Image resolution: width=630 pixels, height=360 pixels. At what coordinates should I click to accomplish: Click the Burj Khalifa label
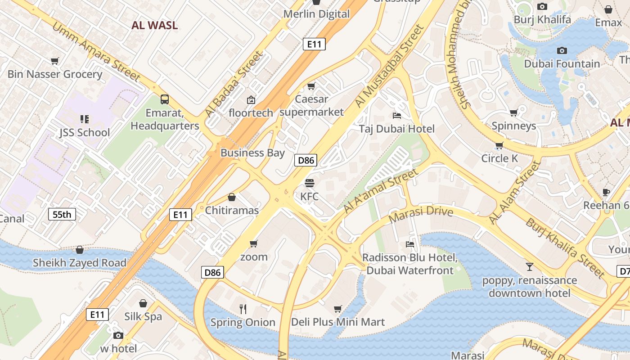[542, 19]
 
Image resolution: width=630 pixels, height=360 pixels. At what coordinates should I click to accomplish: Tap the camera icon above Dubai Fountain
[562, 50]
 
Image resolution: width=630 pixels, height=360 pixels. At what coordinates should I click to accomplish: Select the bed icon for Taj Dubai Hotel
[397, 116]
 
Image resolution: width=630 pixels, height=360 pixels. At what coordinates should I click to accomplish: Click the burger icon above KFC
[309, 183]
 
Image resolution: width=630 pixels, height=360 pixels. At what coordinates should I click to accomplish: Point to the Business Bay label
[252, 153]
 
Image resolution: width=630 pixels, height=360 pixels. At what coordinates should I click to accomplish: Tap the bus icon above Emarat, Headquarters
[165, 99]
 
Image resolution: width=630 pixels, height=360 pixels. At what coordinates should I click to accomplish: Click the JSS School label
[85, 132]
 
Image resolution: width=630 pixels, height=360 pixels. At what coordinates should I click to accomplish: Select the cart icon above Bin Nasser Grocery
[55, 61]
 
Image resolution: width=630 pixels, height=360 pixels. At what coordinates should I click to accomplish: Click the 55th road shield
[62, 214]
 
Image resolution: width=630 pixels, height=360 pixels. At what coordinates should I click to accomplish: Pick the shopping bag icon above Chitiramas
[232, 197]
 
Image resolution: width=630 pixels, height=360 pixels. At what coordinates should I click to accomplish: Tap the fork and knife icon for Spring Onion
[243, 309]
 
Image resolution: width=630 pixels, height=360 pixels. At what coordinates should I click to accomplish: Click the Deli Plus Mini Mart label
[338, 322]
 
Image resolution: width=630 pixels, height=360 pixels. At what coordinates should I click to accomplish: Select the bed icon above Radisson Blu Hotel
[409, 244]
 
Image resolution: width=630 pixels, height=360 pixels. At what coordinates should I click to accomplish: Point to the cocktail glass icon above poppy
[529, 267]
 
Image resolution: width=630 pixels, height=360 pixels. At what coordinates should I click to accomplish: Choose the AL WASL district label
[154, 25]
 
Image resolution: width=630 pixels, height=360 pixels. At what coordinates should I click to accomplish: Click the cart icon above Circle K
[499, 145]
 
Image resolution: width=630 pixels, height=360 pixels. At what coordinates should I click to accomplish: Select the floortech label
[251, 112]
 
